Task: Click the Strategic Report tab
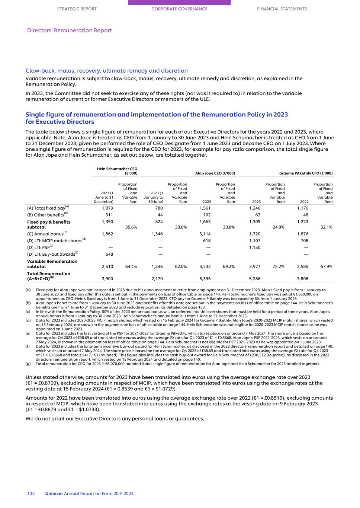77,9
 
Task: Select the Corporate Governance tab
179,9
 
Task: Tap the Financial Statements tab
282,9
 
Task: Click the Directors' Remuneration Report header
70,31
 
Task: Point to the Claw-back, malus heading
106,71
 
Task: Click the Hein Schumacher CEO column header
117,171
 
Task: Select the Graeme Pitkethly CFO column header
306,173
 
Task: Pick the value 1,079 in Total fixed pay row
107,208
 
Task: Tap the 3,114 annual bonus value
205,234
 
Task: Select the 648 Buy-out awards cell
108,254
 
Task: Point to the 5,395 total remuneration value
205,278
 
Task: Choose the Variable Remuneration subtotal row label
52,264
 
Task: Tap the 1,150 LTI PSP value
254,247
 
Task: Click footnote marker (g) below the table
28,364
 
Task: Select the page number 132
31,493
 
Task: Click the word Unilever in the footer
54,493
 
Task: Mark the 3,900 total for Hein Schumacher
107,278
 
